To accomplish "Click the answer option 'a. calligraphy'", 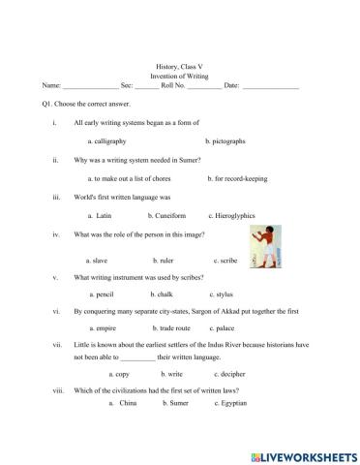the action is pos(110,140).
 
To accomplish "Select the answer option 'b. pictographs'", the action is pos(224,140).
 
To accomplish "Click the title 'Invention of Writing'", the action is pos(180,75).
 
